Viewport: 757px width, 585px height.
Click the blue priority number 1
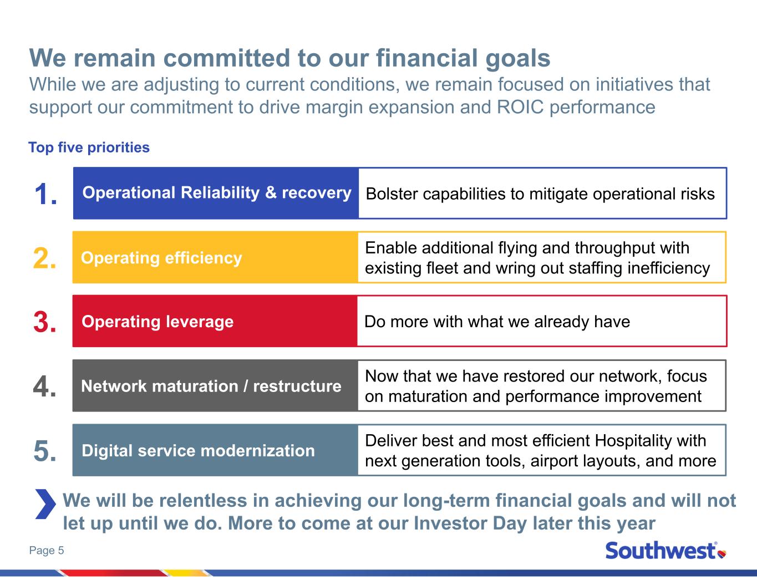45,194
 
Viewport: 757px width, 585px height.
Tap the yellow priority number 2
44,258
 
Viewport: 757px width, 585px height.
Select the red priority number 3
44,322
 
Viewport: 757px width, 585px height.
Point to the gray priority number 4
44,386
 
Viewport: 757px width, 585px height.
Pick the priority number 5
44,451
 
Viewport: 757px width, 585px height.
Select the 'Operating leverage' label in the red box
158,322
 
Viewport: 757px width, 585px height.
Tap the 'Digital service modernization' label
198,451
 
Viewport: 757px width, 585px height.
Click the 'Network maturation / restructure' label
211,386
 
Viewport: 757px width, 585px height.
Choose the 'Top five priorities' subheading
89,147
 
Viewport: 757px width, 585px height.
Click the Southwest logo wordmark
661,551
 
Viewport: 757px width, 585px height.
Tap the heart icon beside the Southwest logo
722,553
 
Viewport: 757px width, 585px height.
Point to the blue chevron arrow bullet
45,504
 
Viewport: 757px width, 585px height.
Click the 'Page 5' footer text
47,551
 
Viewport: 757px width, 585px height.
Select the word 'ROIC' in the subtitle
520,107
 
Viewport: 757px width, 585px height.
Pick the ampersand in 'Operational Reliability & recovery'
271,193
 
